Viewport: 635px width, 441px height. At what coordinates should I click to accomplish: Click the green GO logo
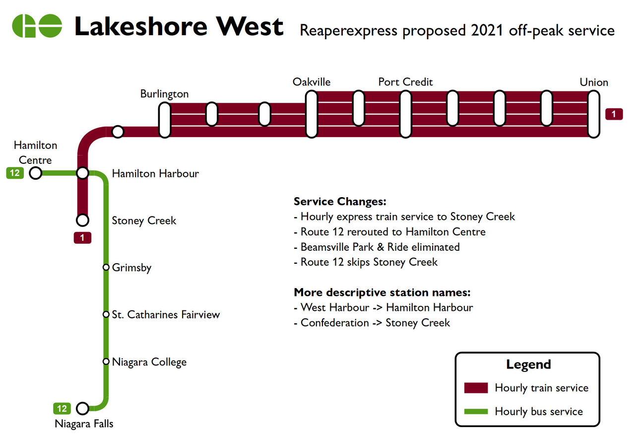[x=37, y=25]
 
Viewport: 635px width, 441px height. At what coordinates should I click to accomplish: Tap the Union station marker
[x=594, y=114]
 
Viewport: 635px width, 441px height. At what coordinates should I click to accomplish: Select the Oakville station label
[x=312, y=82]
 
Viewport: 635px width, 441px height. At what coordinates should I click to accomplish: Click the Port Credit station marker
[x=406, y=114]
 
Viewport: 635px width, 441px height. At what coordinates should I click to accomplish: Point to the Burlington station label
[x=164, y=94]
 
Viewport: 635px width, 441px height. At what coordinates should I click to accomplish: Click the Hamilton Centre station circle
[x=36, y=173]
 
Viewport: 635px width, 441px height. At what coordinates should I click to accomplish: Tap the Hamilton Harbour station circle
[x=83, y=173]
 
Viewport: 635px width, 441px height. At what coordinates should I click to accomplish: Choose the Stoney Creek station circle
[x=83, y=220]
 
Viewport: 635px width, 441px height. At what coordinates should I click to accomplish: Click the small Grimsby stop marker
[x=106, y=268]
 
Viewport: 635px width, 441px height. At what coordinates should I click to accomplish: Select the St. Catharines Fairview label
[x=166, y=314]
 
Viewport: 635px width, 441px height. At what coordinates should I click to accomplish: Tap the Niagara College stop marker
[x=106, y=362]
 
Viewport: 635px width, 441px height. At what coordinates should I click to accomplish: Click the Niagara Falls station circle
[x=83, y=408]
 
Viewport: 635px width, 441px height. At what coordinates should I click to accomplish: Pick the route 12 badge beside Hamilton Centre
[x=15, y=173]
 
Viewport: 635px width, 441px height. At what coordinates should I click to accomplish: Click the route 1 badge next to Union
[x=614, y=114]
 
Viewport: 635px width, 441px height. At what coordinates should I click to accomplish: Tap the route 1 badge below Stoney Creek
[x=83, y=238]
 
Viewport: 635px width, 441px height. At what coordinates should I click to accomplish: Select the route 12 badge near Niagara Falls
[x=62, y=409]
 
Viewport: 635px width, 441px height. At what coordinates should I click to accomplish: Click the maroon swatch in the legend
[x=476, y=388]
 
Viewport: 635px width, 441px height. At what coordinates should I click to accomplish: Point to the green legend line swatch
[x=476, y=411]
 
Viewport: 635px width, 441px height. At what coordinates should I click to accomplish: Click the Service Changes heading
[x=340, y=202]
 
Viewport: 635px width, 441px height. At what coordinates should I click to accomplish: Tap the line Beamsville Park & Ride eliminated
[x=380, y=247]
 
